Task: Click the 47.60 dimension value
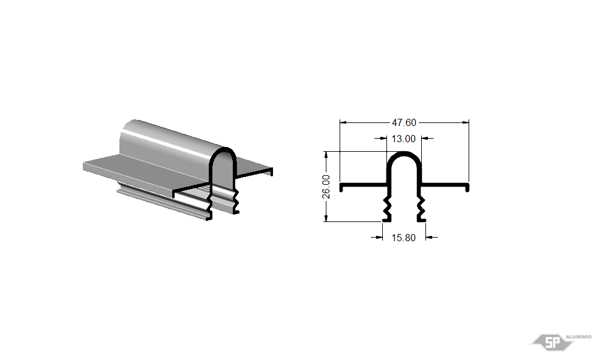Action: click(x=404, y=122)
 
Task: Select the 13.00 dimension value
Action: click(x=403, y=139)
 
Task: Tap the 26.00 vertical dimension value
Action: click(x=326, y=187)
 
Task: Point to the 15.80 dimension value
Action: click(x=403, y=238)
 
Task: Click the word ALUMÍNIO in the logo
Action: click(x=578, y=337)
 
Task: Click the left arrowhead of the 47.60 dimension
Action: click(x=343, y=122)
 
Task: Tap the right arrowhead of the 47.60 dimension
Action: click(x=466, y=122)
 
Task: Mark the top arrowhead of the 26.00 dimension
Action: click(x=326, y=155)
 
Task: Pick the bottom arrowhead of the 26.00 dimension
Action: click(x=326, y=218)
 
